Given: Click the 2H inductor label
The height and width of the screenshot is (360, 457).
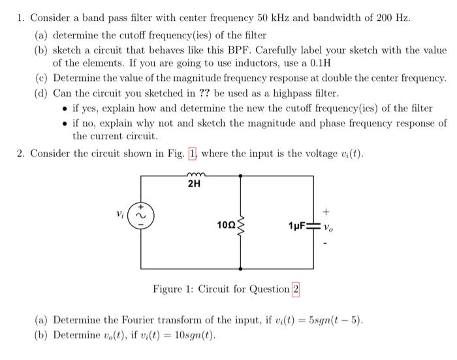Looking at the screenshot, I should [194, 184].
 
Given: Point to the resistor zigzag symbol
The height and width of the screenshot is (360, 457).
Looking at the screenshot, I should [242, 225].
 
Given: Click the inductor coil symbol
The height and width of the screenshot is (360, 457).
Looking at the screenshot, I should [194, 174].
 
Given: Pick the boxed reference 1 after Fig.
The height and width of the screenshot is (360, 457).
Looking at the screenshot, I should [192, 154].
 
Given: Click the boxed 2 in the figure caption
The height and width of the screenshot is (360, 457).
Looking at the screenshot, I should [295, 289].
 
